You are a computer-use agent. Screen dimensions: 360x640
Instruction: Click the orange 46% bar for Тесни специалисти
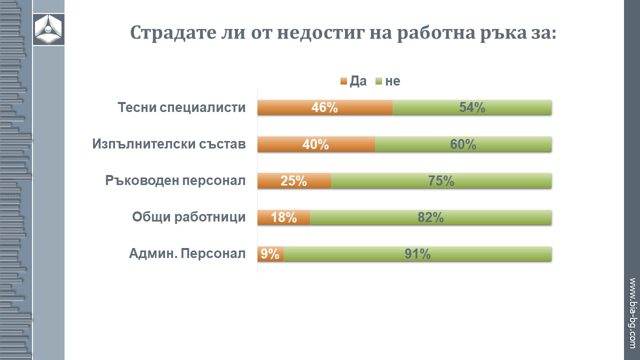point(325,107)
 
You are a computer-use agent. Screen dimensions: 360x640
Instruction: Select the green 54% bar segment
point(472,107)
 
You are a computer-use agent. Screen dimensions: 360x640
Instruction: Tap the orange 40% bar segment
point(316,144)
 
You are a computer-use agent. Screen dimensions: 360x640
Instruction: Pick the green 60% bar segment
point(463,144)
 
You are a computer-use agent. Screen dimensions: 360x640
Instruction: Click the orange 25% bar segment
point(294,181)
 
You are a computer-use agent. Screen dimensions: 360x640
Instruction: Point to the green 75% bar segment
point(441,181)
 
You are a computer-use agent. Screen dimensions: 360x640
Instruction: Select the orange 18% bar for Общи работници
point(283,217)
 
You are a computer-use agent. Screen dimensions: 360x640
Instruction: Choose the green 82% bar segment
point(430,217)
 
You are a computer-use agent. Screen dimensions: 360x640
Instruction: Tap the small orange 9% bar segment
point(270,254)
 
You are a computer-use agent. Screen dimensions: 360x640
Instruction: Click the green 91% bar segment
point(417,254)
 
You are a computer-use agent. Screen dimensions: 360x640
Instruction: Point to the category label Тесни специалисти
point(181,107)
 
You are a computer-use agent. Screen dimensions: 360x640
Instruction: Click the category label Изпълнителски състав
point(169,144)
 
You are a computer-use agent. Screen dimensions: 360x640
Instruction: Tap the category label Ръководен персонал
point(175,180)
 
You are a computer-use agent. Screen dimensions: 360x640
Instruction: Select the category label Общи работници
point(188,217)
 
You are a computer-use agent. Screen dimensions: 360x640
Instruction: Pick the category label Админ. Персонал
point(187,254)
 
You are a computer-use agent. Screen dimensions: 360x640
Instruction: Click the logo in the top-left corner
point(48,29)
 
